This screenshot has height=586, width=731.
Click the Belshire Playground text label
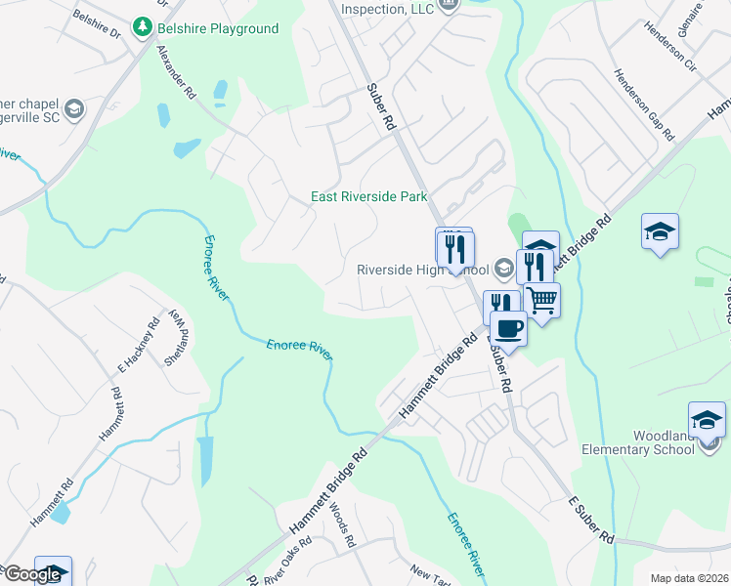click(218, 28)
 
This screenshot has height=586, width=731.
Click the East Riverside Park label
click(369, 196)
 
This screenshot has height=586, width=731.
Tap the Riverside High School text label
click(422, 270)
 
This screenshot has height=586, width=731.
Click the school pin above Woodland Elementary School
click(707, 420)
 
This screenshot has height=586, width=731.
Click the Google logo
click(31, 574)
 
